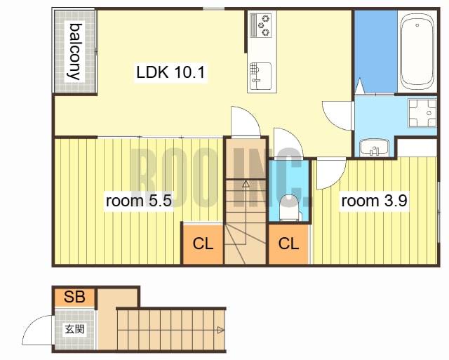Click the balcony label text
tap(74, 51)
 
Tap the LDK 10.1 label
tap(170, 72)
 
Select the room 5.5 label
tap(139, 201)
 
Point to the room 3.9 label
tap(374, 201)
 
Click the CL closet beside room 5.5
tap(203, 244)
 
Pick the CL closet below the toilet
tap(288, 244)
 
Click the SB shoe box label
tap(75, 297)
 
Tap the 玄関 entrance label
tap(75, 329)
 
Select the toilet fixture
tap(290, 208)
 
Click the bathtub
tap(417, 52)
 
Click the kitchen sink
tap(260, 76)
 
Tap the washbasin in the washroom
tap(374, 148)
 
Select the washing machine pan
tap(422, 113)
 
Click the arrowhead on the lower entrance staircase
tap(221, 331)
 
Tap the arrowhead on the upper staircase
tap(246, 184)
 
